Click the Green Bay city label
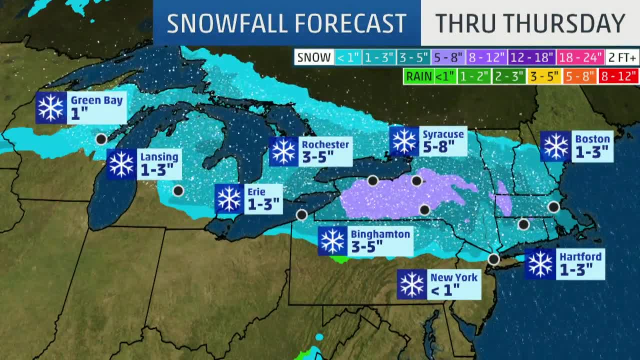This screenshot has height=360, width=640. click(x=96, y=100)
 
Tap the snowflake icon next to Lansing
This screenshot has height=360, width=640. click(x=121, y=164)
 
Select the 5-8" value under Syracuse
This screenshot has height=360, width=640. click(x=438, y=147)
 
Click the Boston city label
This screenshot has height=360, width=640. click(x=592, y=139)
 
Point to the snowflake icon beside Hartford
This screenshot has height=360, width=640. click(x=540, y=264)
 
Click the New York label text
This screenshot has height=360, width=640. click(x=454, y=277)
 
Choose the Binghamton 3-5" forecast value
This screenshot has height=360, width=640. click(x=366, y=246)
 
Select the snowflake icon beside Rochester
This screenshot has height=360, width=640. click(x=284, y=151)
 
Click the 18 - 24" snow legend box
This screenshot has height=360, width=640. click(x=580, y=57)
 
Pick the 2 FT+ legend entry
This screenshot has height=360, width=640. click(x=622, y=57)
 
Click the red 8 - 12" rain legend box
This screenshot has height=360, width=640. click(x=618, y=76)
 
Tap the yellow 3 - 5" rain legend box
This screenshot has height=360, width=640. click(x=544, y=76)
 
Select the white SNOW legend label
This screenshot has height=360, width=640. click(x=314, y=57)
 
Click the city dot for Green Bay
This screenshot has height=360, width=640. click(x=101, y=139)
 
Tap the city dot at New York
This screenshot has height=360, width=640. click(x=493, y=259)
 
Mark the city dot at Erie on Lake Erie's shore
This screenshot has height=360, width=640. click(x=301, y=215)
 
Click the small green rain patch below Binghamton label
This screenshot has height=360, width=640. click(x=340, y=259)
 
